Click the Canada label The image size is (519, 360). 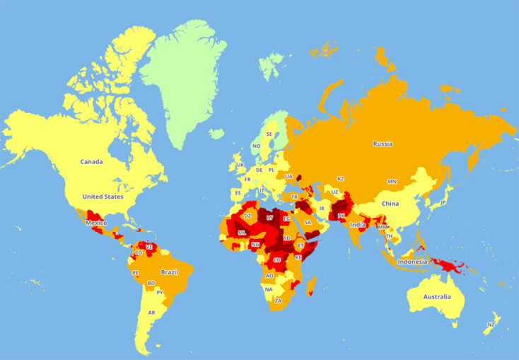(91, 162)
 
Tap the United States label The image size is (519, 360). (103, 197)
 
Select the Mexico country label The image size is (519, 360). (96, 223)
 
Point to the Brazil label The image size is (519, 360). (169, 272)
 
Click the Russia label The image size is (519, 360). (383, 144)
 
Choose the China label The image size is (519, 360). (390, 204)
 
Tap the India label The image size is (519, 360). (358, 225)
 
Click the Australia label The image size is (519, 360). (436, 296)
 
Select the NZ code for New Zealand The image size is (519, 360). (491, 325)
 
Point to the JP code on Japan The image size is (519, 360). (443, 203)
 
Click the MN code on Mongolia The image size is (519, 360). (392, 182)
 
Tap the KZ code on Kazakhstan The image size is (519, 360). (340, 179)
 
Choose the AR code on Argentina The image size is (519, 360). (151, 313)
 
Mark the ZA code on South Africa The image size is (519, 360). (278, 301)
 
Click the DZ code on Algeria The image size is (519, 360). (247, 216)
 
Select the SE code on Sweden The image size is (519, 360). (269, 134)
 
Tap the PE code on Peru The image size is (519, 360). (135, 272)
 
